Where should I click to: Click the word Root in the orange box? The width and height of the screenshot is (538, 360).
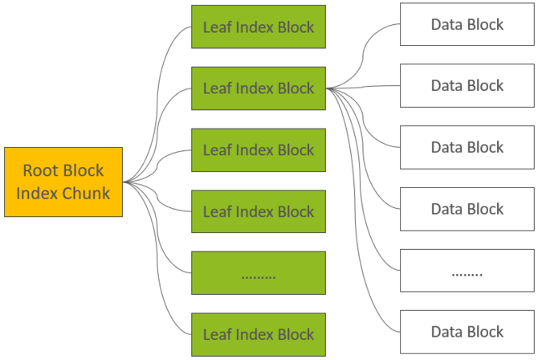coord(40,170)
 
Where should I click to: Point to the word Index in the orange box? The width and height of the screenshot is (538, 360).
coord(38,193)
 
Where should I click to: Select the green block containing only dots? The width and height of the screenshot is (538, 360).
coord(259,272)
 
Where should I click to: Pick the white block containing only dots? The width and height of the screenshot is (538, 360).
coord(467,270)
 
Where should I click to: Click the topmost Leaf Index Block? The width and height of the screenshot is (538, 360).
coord(259,27)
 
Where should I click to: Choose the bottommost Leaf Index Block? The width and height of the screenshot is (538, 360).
coord(259,334)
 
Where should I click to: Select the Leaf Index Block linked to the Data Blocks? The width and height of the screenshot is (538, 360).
coord(259,88)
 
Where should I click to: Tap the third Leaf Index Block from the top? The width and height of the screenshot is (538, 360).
coord(259,149)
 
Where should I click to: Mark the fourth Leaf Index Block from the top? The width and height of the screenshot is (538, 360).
coord(259,211)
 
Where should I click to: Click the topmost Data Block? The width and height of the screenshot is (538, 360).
coord(467,24)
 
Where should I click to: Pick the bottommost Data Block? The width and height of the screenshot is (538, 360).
coord(467,332)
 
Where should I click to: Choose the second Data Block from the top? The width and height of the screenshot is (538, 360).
coord(467,85)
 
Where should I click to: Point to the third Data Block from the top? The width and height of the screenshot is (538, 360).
coord(467,147)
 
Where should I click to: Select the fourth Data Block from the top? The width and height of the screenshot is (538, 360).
coord(467,209)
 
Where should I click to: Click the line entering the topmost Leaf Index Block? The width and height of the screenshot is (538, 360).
coord(157,103)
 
